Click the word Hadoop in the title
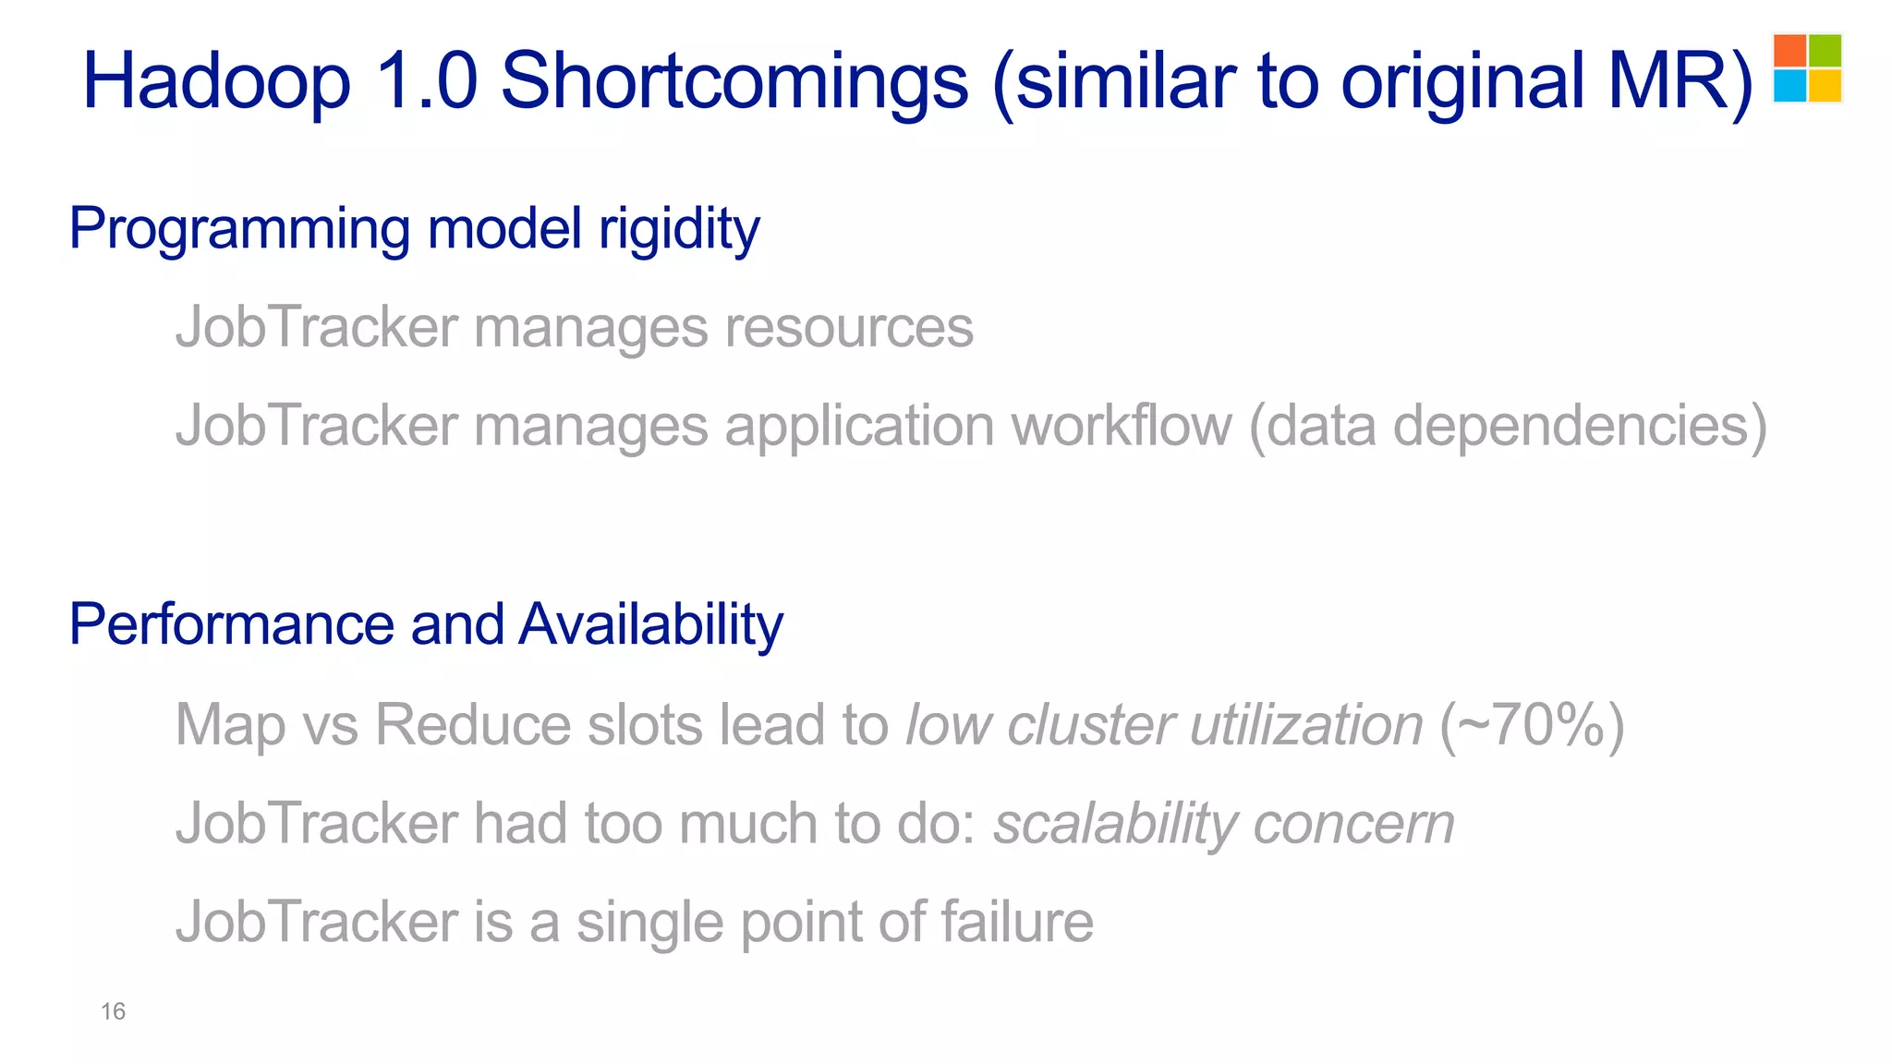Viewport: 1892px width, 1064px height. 217,81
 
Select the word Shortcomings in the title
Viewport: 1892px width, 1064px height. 734,81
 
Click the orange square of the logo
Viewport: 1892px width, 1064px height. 1790,51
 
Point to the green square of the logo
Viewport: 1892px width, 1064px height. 1825,51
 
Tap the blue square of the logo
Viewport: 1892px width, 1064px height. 1790,85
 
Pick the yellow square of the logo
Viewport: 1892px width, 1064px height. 1825,85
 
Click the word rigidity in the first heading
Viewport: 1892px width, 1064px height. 679,229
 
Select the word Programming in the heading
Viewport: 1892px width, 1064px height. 239,229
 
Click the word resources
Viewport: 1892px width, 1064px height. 849,327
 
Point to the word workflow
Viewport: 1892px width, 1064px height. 1122,426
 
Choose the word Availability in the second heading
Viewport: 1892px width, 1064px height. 651,624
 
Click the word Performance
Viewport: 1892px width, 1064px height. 231,624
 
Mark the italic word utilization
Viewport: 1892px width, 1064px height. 1306,724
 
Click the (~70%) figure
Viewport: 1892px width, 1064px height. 1532,724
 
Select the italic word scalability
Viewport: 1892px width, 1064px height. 1114,823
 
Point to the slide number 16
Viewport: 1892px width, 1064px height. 113,1011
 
